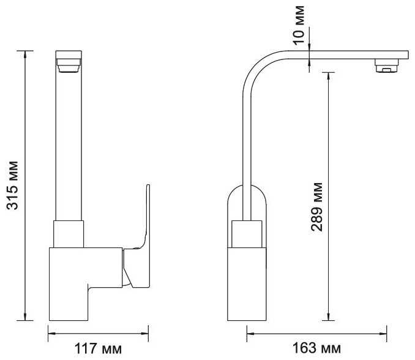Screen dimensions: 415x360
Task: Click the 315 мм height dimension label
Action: pyautogui.click(x=12, y=185)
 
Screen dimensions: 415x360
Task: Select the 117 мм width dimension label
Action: pyautogui.click(x=98, y=348)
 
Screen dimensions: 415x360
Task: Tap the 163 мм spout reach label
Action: pyautogui.click(x=316, y=348)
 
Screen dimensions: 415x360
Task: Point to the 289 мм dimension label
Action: pyautogui.click(x=317, y=207)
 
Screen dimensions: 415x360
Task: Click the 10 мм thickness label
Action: pyautogui.click(x=299, y=25)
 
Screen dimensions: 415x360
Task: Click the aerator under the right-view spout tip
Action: pyautogui.click(x=387, y=66)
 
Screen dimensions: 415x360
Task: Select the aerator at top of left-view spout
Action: pyautogui.click(x=69, y=66)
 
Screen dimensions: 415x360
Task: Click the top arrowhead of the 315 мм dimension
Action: pyautogui.click(x=25, y=54)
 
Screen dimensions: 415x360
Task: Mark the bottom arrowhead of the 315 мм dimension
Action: pyautogui.click(x=25, y=317)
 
